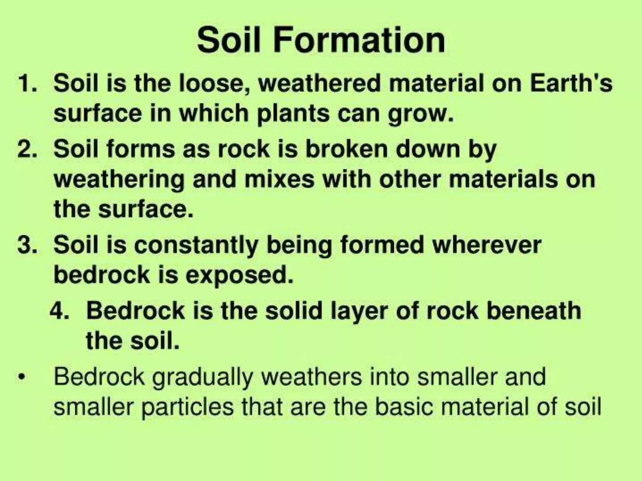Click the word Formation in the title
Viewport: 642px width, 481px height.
(x=359, y=41)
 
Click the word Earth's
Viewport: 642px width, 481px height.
(x=571, y=84)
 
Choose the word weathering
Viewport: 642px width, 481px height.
(x=119, y=180)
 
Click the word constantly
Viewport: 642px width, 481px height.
(x=196, y=246)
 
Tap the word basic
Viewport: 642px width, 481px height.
(x=404, y=407)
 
